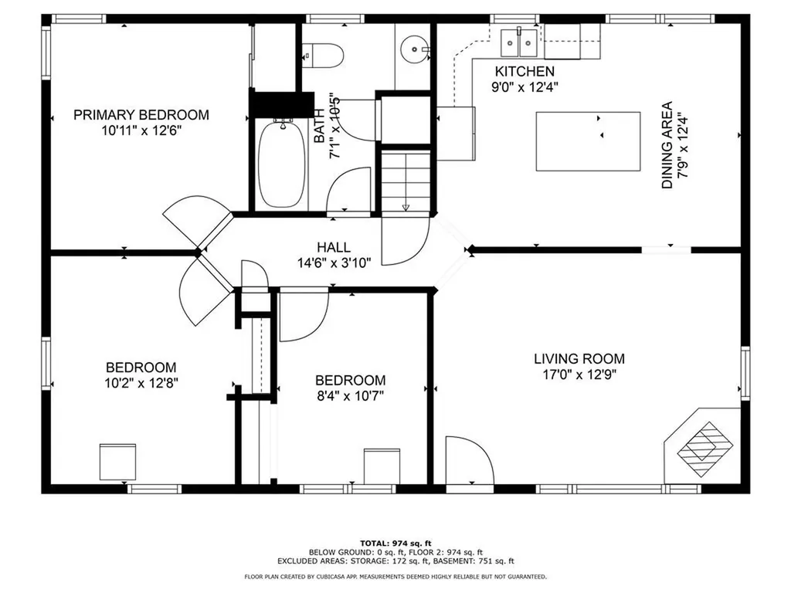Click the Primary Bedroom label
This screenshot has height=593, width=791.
pos(141,115)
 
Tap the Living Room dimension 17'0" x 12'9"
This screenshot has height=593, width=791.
pos(579,375)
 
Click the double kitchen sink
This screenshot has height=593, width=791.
pos(520,42)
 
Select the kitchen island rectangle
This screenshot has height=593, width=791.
pos(589,141)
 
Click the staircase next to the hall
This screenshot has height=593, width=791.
pos(406,181)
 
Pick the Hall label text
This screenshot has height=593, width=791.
pos(333,247)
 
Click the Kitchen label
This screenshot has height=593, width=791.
pos(525,71)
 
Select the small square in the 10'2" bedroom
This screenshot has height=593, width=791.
pos(117,462)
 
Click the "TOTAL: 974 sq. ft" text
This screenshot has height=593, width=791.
pos(395,543)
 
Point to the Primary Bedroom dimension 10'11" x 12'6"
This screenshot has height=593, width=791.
pos(141,130)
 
